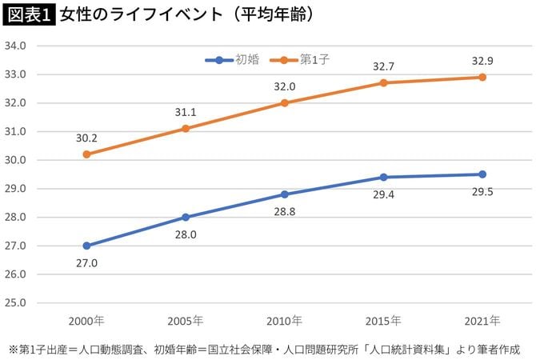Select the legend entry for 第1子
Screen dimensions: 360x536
[301, 59]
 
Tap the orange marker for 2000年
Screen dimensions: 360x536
[86, 154]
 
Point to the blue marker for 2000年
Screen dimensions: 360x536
[86, 246]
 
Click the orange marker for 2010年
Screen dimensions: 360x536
[285, 103]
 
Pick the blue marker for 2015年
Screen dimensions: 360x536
[384, 177]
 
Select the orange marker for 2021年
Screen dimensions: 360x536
[482, 77]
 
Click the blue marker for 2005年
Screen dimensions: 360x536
[186, 217]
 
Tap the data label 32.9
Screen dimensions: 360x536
[482, 60]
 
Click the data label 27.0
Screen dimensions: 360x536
[86, 263]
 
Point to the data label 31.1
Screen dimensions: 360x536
[186, 112]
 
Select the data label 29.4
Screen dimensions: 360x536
[384, 194]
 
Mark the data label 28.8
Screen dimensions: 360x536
[285, 211]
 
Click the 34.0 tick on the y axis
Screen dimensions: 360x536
[16, 46]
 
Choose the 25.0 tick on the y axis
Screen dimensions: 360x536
[16, 303]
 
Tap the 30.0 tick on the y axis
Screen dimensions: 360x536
[16, 160]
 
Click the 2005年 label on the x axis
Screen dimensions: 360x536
[186, 321]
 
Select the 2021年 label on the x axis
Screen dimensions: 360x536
[482, 321]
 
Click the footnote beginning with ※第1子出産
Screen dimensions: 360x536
[263, 350]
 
